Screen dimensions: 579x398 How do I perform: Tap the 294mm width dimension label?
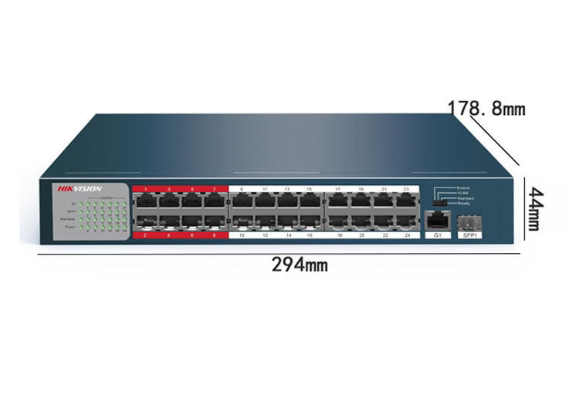(x=300, y=265)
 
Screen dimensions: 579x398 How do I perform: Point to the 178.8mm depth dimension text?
(x=486, y=108)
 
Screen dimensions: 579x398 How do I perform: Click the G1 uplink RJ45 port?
(x=437, y=218)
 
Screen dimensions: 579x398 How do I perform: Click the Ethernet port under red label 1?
(x=146, y=201)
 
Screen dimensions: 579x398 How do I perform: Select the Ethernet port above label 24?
(x=405, y=221)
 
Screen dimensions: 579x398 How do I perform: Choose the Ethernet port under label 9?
(x=241, y=201)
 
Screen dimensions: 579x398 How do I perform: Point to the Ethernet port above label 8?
(x=214, y=221)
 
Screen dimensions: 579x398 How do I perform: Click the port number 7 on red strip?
(x=214, y=188)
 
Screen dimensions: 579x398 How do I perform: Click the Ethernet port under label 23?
(x=405, y=201)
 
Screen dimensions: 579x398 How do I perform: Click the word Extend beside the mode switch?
(x=463, y=187)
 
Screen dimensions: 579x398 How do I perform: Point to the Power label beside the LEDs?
(x=69, y=228)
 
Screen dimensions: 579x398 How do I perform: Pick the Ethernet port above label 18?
(x=339, y=221)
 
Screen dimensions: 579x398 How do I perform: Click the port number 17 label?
(x=337, y=188)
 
